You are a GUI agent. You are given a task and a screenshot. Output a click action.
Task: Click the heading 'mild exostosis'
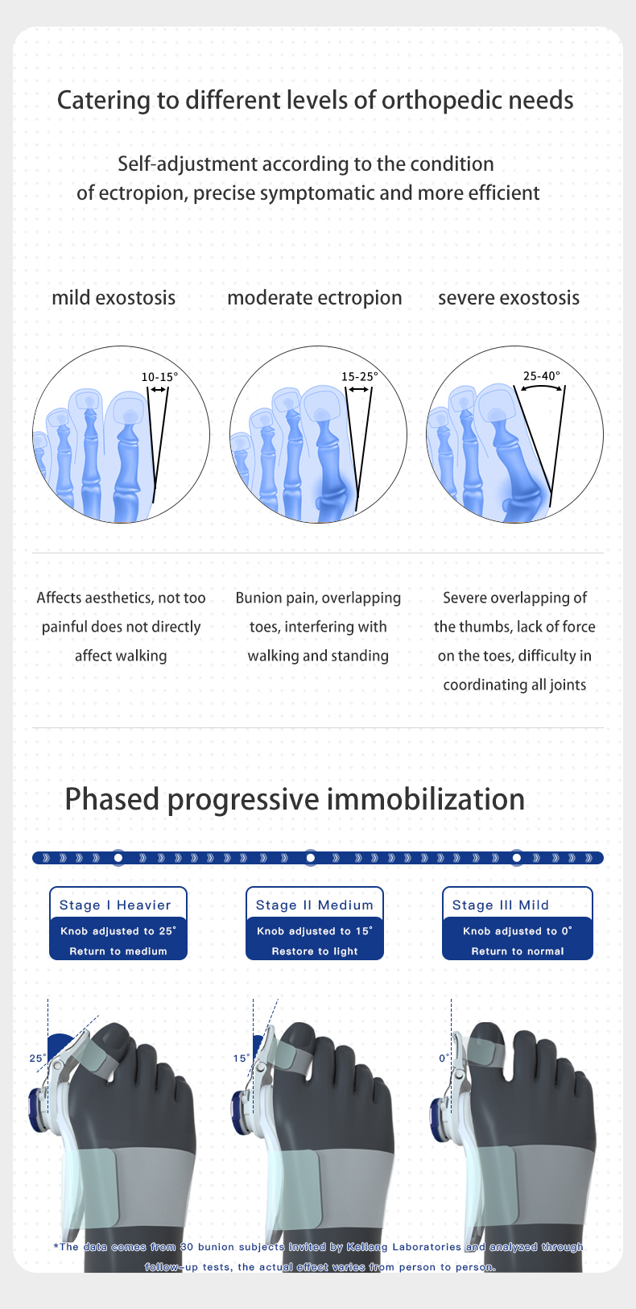pos(114,298)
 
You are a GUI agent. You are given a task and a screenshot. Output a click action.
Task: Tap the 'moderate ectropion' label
pos(314,298)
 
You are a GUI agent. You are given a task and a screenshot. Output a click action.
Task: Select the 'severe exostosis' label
pos(509,298)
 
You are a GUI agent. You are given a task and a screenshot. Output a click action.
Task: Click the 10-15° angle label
pos(159,377)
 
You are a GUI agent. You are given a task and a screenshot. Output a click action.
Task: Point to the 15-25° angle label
pos(360,376)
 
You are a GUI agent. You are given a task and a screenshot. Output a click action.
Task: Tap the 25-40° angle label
pos(541,375)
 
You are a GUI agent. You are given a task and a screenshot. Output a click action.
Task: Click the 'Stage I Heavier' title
pos(115,905)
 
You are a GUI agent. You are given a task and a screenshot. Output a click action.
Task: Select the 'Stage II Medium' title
pos(314,905)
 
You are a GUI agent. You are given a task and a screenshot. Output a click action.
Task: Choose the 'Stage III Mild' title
pos(501,905)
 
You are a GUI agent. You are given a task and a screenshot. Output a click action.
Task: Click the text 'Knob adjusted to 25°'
pos(118,931)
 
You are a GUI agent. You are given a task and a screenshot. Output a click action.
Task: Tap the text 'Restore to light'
pos(315,951)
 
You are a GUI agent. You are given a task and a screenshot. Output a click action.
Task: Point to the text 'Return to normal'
pos(518,951)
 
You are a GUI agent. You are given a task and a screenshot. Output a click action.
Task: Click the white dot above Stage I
pos(118,858)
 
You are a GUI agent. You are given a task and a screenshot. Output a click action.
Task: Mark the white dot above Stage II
pos(311,858)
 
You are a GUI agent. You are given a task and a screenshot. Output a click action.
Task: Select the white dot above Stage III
pos(517,858)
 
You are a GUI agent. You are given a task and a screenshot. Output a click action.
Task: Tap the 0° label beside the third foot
pos(444,1058)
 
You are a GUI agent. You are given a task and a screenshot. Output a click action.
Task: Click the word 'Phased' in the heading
pos(112,800)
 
